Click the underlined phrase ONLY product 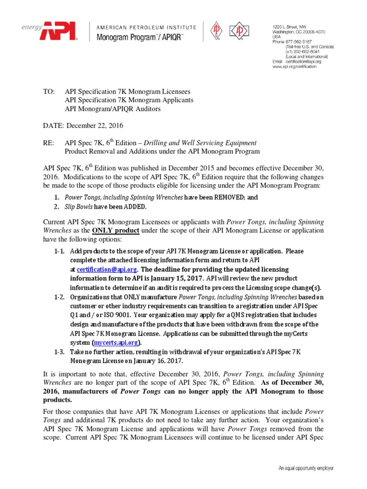pos(116,231)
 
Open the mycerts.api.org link pos(117,342)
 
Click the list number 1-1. pos(59,251)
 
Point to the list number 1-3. pos(59,351)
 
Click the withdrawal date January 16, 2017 pos(157,361)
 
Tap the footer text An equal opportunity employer pos(306,469)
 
